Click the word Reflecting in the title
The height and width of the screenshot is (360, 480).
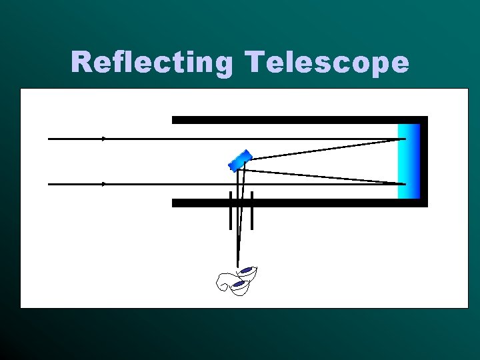click(151, 63)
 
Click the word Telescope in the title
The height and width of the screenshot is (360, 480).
click(327, 63)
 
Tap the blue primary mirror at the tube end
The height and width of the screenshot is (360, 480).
click(408, 161)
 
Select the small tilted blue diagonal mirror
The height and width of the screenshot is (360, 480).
click(240, 159)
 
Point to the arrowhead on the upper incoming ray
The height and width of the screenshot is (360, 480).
click(104, 139)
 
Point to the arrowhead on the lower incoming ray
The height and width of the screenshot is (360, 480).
click(104, 183)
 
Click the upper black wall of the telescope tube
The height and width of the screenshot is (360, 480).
click(293, 120)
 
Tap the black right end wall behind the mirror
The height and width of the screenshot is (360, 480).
click(423, 161)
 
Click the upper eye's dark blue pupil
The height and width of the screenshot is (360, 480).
click(247, 270)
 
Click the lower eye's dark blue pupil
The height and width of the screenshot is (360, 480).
click(238, 284)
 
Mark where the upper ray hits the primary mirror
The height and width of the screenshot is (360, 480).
click(405, 139)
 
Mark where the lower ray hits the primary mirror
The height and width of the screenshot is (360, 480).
click(405, 183)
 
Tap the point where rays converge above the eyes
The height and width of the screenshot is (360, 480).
click(237, 265)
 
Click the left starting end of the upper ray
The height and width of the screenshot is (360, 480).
click(49, 139)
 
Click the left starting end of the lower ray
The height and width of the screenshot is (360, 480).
click(49, 183)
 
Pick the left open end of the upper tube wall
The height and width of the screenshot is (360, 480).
click(175, 120)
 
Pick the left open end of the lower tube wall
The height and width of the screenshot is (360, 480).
click(175, 203)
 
